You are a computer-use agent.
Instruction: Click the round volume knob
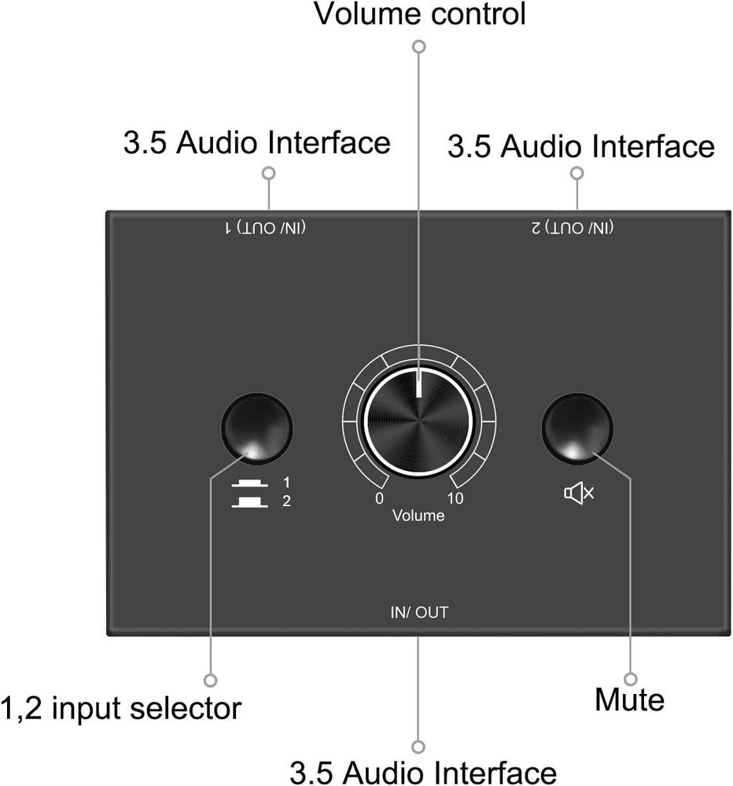click(418, 421)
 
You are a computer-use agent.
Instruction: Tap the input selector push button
click(257, 429)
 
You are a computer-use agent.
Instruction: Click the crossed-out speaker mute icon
click(579, 494)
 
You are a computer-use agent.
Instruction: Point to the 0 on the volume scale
click(380, 499)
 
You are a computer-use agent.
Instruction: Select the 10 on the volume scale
click(455, 499)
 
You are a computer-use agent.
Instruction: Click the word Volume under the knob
click(418, 516)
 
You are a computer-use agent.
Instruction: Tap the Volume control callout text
click(419, 14)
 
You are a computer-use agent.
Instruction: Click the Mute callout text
click(629, 700)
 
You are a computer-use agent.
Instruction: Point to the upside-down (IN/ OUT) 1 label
click(266, 228)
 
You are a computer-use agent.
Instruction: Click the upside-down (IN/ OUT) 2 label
click(572, 228)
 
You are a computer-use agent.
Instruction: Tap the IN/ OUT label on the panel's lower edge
click(418, 612)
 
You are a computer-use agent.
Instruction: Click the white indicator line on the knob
click(419, 384)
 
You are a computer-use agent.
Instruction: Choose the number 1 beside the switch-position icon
click(286, 482)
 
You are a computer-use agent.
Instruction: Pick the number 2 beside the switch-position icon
click(286, 501)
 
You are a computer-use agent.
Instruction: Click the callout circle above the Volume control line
click(419, 47)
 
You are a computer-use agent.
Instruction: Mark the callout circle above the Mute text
click(630, 678)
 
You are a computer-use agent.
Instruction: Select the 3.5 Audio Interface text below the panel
click(423, 772)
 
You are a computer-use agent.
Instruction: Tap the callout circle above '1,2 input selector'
click(210, 679)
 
